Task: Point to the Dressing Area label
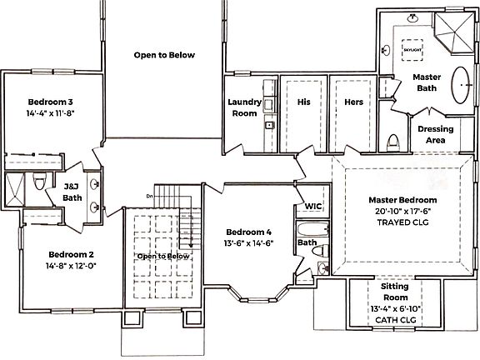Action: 435,134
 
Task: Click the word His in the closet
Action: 303,102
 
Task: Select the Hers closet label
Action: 353,102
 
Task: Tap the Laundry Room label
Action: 245,107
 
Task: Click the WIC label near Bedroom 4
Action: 313,205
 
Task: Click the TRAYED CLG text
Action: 402,223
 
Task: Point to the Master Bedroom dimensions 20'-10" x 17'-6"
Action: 402,212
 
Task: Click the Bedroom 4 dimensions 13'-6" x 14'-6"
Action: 249,243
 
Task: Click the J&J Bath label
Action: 72,192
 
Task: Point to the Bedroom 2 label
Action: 71,254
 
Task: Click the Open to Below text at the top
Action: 164,55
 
